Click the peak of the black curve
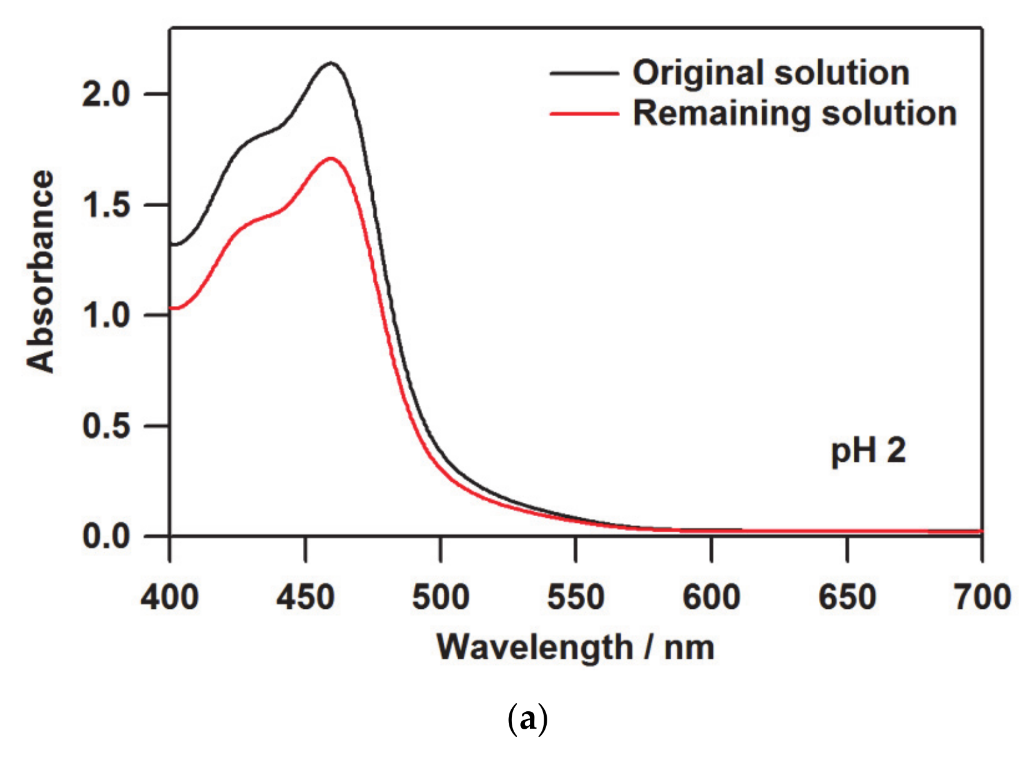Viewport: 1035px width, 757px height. [331, 63]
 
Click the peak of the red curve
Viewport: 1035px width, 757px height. [331, 158]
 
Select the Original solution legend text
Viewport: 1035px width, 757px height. [771, 73]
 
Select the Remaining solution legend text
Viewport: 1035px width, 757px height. [795, 113]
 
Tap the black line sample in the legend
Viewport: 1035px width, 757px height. [584, 73]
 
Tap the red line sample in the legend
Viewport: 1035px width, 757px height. [584, 113]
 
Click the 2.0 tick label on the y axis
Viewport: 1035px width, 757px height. [106, 95]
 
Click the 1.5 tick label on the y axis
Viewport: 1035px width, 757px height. [106, 205]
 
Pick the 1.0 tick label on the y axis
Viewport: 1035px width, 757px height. [106, 316]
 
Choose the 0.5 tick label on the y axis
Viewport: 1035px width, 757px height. [106, 426]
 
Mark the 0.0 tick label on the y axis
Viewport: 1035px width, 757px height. [106, 536]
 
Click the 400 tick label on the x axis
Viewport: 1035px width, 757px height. [170, 597]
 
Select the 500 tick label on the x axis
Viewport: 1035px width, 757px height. [441, 597]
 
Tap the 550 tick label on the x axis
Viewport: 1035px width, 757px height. [576, 597]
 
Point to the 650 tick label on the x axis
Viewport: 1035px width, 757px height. [847, 597]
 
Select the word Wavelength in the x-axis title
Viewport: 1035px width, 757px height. [535, 648]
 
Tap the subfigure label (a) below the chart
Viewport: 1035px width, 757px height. [527, 719]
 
